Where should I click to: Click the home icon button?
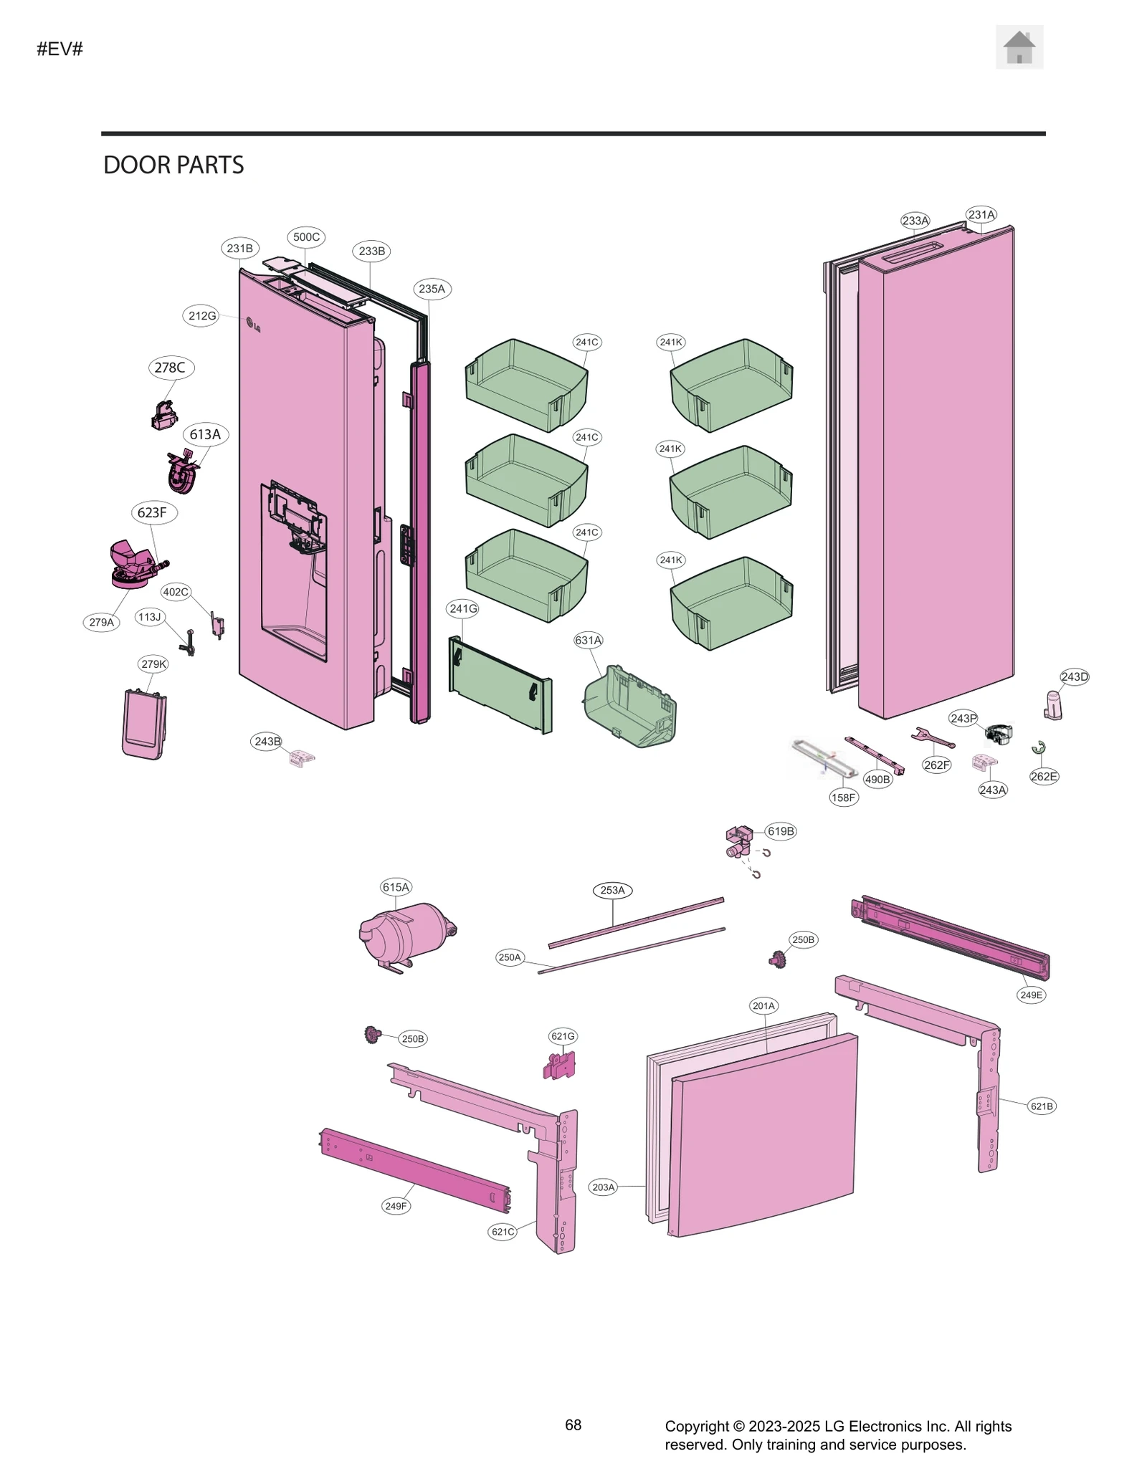coord(1019,47)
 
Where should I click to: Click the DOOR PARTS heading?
coord(173,165)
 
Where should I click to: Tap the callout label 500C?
coord(306,237)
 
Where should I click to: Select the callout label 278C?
coord(170,368)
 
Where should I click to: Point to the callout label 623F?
coord(152,512)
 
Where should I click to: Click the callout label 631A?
coord(588,640)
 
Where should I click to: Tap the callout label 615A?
coord(396,887)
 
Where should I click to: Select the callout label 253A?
coord(612,890)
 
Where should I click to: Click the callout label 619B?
coord(781,831)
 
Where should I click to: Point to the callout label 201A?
coord(763,1006)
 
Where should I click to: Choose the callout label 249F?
coord(396,1206)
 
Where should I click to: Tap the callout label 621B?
coord(1041,1106)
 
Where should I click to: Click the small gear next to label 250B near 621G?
coord(372,1034)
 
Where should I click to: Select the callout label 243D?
coord(1074,676)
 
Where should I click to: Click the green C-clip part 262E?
coord(1039,748)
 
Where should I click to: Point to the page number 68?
coord(573,1425)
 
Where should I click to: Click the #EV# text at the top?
coord(60,49)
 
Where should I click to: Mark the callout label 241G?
coord(462,608)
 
